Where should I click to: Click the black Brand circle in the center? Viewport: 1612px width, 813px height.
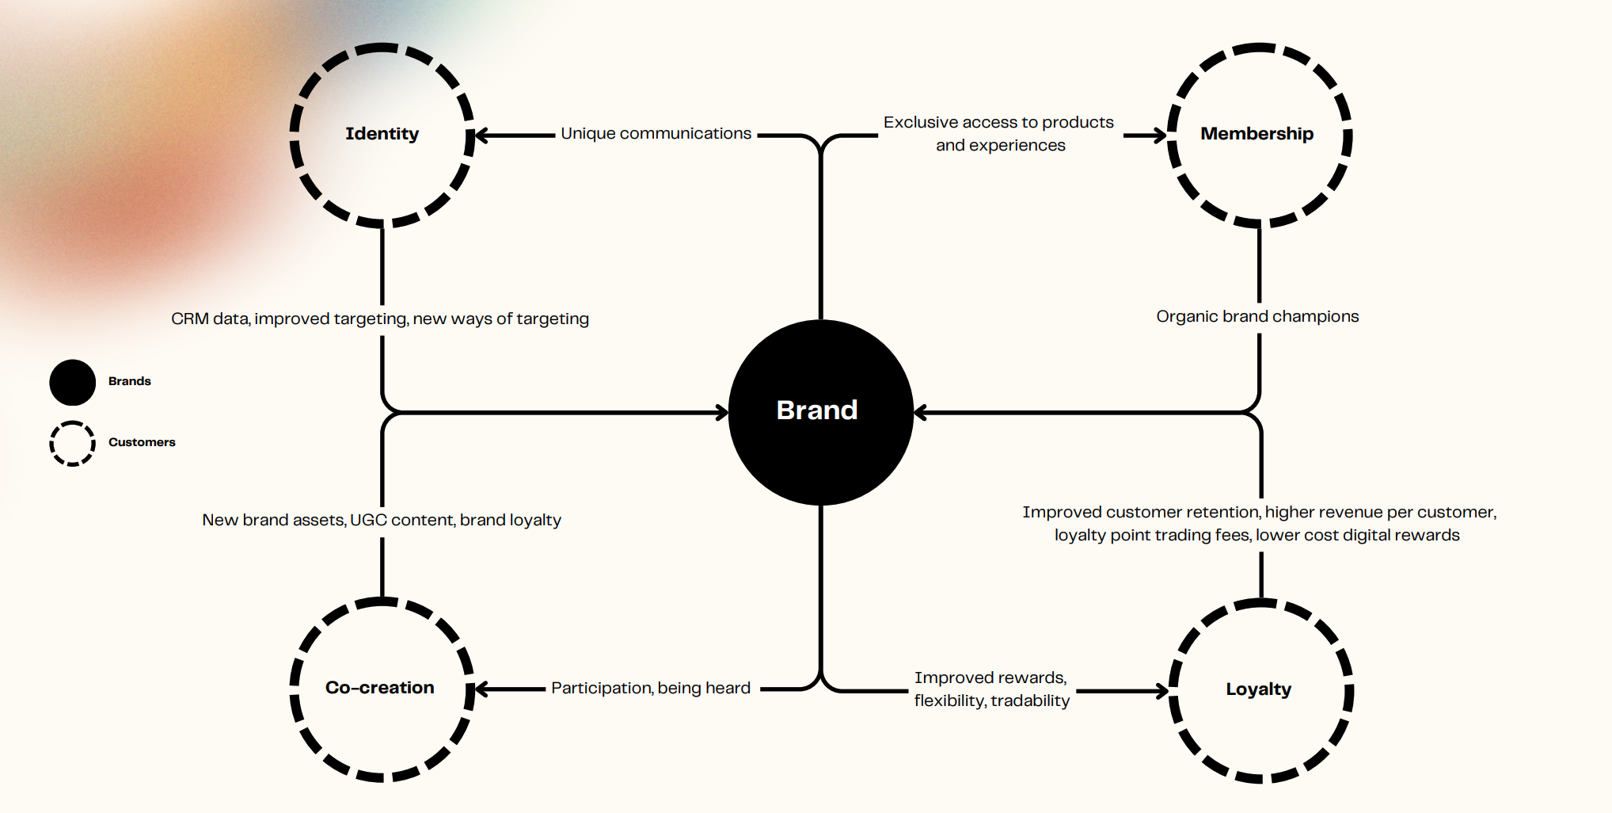coord(820,412)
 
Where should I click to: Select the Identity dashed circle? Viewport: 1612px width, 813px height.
coord(382,135)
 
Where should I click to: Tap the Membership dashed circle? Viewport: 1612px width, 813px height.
coord(1259,135)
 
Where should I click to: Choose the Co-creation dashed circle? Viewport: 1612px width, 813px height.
coord(382,689)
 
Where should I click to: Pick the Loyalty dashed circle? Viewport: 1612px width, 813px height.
coord(1260,690)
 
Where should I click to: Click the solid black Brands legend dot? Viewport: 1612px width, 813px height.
coord(72,382)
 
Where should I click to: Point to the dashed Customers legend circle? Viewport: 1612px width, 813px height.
coord(72,443)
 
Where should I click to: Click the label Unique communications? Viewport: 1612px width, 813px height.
coord(656,134)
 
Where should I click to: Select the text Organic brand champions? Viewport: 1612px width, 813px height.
coord(1257,317)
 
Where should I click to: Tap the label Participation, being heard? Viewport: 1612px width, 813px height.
coord(651,689)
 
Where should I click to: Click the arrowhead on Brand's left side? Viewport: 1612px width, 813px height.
coord(721,413)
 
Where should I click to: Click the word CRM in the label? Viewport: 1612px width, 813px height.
coord(189,319)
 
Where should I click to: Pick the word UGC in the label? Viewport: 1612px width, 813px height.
coord(368,521)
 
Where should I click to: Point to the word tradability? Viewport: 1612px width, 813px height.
coord(1030,701)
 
